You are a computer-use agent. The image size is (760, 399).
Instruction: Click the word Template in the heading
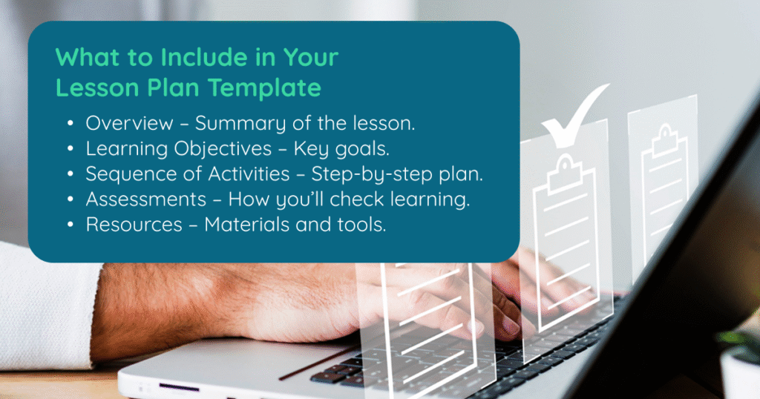click(265, 88)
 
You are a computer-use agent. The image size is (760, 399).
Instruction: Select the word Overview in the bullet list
click(129, 123)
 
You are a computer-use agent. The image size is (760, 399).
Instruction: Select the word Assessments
click(146, 199)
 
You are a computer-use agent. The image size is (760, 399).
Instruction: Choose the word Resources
click(134, 225)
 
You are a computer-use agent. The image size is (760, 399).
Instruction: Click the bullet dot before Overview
click(71, 123)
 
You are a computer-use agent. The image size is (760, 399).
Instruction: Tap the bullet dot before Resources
click(71, 225)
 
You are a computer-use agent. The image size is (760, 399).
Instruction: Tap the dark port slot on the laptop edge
click(179, 387)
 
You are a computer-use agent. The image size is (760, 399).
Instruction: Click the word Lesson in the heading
click(97, 88)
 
